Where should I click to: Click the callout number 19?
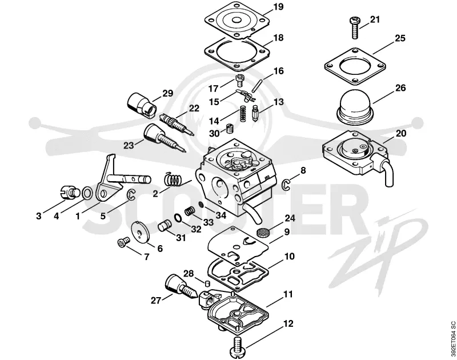[x=279, y=6]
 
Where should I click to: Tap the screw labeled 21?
[x=355, y=27]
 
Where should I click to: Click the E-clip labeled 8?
[x=286, y=185]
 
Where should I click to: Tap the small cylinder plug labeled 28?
[x=206, y=283]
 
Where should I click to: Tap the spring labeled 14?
[x=242, y=114]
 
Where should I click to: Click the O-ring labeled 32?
[x=178, y=218]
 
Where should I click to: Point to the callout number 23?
[x=129, y=146]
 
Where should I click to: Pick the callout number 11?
[x=288, y=294]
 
